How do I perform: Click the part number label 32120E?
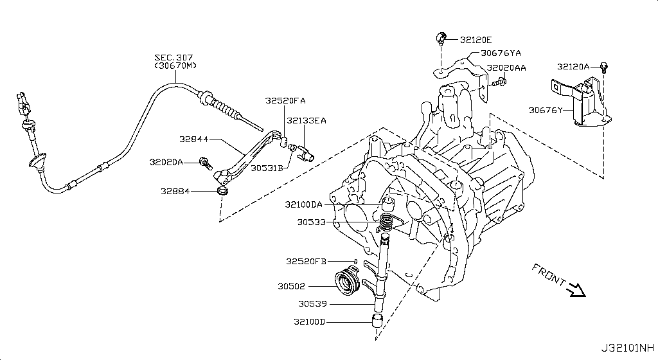click(x=476, y=39)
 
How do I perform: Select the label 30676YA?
click(x=497, y=53)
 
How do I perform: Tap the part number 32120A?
click(x=574, y=66)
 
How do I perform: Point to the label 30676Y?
click(x=546, y=110)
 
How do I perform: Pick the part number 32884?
click(x=177, y=191)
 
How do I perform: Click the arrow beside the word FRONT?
click(x=577, y=290)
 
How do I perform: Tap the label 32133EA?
click(x=307, y=120)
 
